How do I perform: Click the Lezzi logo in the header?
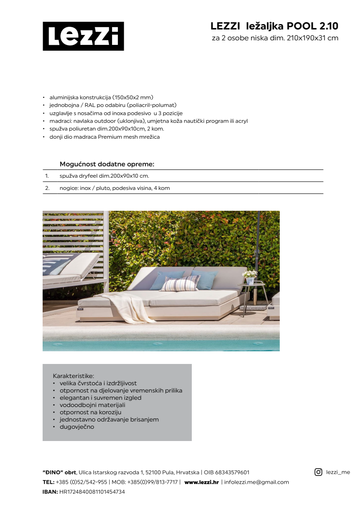[83, 36]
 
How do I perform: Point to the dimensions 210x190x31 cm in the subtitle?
[312, 38]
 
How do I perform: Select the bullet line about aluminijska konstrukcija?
[101, 97]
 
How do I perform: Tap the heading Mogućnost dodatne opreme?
[107, 164]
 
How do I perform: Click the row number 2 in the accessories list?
[47, 188]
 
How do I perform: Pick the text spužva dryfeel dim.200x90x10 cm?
[104, 175]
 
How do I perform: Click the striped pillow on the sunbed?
[180, 283]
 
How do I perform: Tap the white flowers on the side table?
[249, 274]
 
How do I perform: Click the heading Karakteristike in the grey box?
[73, 376]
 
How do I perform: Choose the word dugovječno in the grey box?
[77, 427]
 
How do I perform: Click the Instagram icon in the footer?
[318, 472]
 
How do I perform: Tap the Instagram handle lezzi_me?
[338, 472]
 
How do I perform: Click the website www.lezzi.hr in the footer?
[201, 482]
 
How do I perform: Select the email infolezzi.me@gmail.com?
[257, 482]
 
